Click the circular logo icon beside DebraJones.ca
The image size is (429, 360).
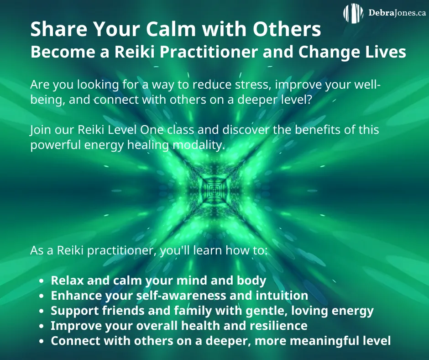pos(353,13)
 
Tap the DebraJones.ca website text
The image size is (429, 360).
pos(397,13)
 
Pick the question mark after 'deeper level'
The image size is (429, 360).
pos(309,99)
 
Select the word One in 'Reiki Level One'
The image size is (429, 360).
pos(152,130)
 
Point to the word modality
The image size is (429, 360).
pos(199,145)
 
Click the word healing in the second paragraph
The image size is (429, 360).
pos(148,145)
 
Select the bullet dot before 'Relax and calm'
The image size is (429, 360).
pos(42,281)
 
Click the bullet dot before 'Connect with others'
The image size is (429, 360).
pos(42,341)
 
